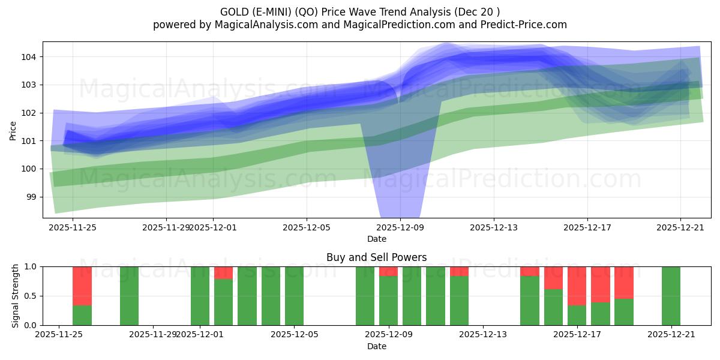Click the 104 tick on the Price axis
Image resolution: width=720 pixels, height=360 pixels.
coord(31,57)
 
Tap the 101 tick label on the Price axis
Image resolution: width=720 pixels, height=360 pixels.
coord(31,141)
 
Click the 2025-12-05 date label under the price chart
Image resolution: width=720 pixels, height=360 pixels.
coord(307,227)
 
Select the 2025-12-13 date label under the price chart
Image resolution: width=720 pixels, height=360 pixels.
coord(494,227)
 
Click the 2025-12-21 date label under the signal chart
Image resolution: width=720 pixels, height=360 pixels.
coord(671,335)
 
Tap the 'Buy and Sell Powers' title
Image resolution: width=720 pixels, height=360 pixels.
coord(376,257)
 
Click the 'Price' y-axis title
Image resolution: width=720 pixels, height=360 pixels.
coord(13,130)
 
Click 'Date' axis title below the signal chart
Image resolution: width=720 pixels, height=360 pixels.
coord(376,346)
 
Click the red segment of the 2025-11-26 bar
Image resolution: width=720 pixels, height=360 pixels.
coord(82,286)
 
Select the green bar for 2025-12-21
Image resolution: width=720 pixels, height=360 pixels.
coord(671,296)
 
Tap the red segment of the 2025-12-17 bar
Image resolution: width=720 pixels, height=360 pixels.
coord(577,286)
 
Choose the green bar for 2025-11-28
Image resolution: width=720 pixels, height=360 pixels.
coord(129,296)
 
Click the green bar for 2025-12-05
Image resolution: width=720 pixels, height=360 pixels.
coord(294,296)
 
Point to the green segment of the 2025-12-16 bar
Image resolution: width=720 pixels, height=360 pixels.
coord(553,307)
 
